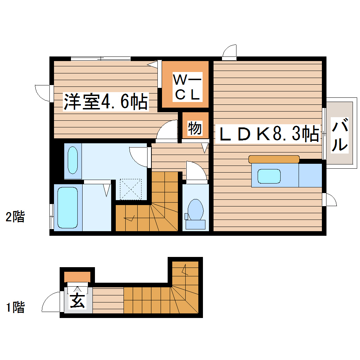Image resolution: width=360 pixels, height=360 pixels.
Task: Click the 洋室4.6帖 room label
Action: coord(105,102)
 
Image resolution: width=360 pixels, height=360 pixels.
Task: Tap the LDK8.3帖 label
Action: coord(267,134)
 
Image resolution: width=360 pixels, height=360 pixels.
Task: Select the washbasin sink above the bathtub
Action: coord(73,160)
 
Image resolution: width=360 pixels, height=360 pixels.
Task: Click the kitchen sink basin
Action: coord(269,176)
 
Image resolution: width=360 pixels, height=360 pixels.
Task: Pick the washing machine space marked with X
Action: coord(130,189)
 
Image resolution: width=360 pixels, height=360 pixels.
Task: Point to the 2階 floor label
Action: coord(15,216)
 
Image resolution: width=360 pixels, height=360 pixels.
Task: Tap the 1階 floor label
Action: coord(15,307)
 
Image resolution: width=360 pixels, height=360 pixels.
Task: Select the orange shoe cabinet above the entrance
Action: coord(78,276)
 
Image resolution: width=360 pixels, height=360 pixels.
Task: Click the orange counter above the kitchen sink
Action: coord(274,159)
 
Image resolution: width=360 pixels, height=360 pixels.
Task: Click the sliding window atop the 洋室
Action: coord(100,59)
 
